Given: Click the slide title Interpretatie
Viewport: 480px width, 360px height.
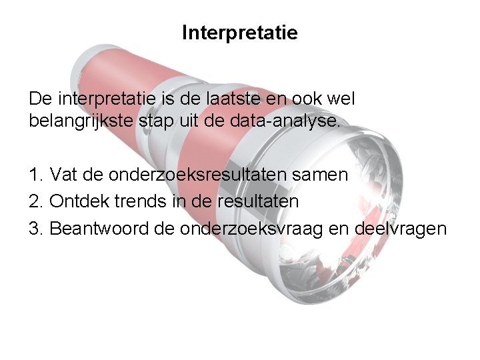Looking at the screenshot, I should (240, 32).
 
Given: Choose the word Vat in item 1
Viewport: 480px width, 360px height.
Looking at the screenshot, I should (63, 175).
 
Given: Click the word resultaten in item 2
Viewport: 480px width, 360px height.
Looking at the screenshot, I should (255, 201).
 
